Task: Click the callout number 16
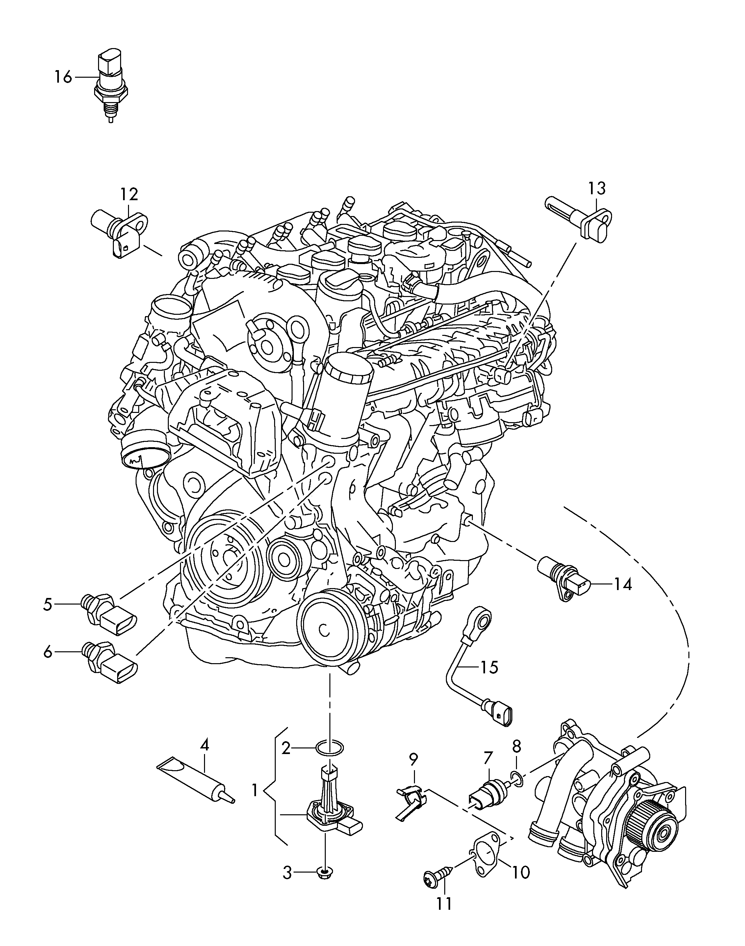tap(63, 77)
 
